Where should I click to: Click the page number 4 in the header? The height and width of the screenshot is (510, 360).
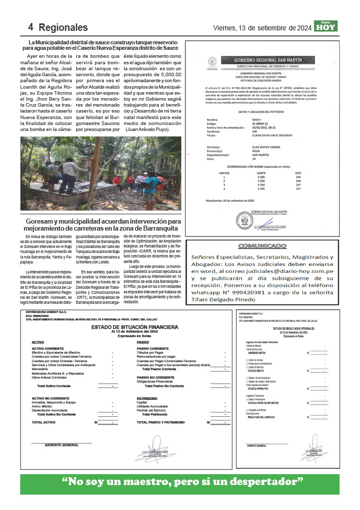30,27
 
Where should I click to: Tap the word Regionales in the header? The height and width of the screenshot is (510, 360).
63,27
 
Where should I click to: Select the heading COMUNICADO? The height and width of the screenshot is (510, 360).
262,246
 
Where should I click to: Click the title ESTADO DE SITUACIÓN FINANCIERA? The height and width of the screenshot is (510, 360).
134,327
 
